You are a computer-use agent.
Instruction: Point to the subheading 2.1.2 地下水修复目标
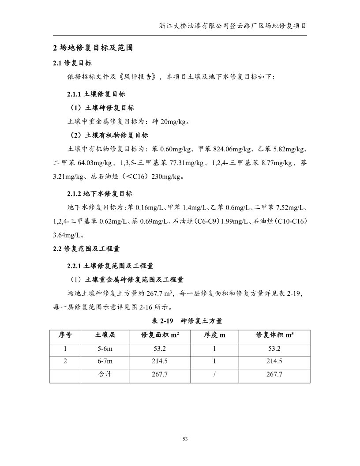99,193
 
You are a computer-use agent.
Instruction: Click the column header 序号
65,335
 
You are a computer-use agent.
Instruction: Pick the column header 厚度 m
214,335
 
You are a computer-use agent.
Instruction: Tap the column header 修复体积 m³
274,335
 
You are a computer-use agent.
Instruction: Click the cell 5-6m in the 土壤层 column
105,349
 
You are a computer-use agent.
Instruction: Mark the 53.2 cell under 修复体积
274,349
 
